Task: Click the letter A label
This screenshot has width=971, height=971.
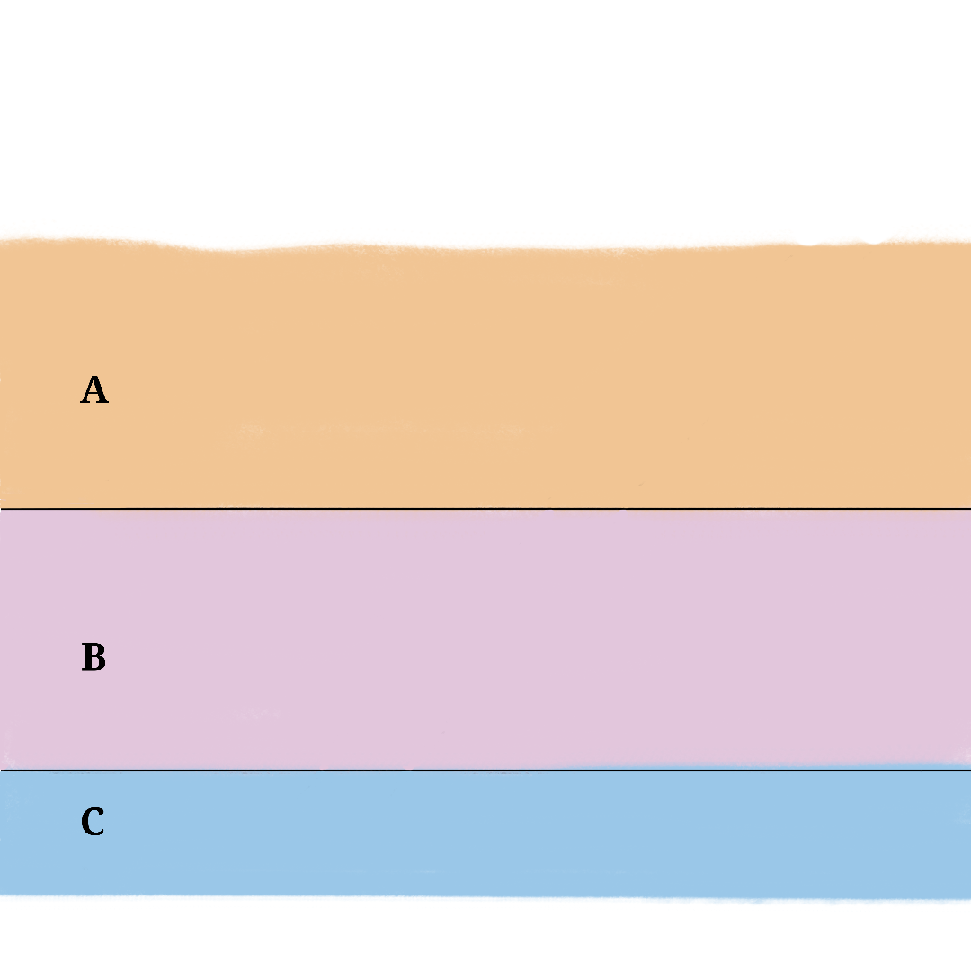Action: click(x=94, y=390)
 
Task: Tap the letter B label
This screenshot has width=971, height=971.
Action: click(x=94, y=658)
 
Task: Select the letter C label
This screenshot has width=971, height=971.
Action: click(x=93, y=822)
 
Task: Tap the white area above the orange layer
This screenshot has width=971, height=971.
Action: click(x=485, y=117)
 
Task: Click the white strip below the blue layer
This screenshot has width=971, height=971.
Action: click(x=485, y=935)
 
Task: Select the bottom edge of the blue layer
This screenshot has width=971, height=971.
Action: click(x=485, y=896)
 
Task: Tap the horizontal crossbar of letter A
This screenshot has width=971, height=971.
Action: click(x=94, y=395)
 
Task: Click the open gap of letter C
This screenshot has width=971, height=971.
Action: click(x=102, y=822)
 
